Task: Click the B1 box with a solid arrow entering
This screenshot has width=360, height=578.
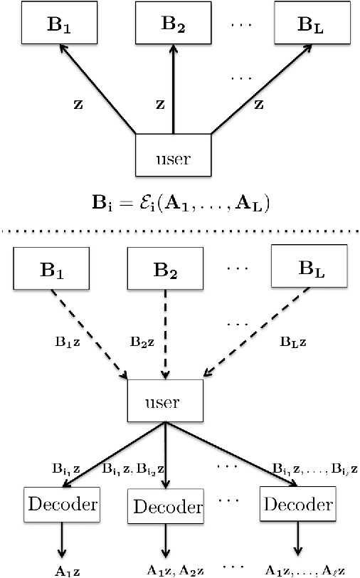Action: pos(54,25)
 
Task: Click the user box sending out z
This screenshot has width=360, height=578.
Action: pos(173,154)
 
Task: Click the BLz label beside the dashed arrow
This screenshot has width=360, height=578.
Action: pos(294,341)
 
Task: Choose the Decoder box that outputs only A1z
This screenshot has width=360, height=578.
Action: pos(61,505)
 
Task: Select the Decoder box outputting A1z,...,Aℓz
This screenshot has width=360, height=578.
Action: pos(297,505)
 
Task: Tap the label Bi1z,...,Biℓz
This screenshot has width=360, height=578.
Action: pos(314,468)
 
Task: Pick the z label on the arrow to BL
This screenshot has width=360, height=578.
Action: pos(259,104)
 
